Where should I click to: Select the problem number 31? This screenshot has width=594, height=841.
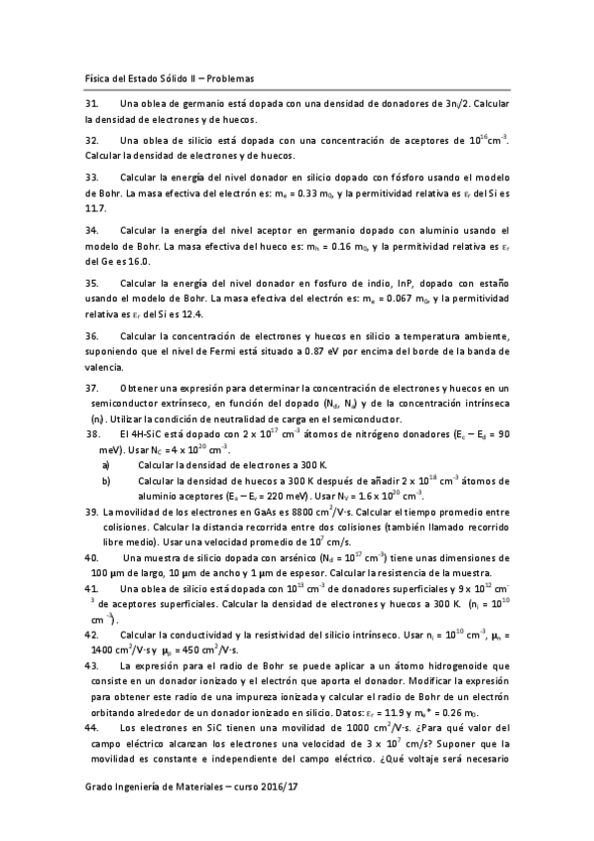[91, 104]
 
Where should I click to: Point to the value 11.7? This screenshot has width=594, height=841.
[95, 208]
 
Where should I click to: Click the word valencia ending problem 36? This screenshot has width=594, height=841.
[105, 367]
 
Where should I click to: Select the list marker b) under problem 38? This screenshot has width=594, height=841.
[107, 481]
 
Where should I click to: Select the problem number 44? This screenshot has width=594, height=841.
[91, 726]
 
